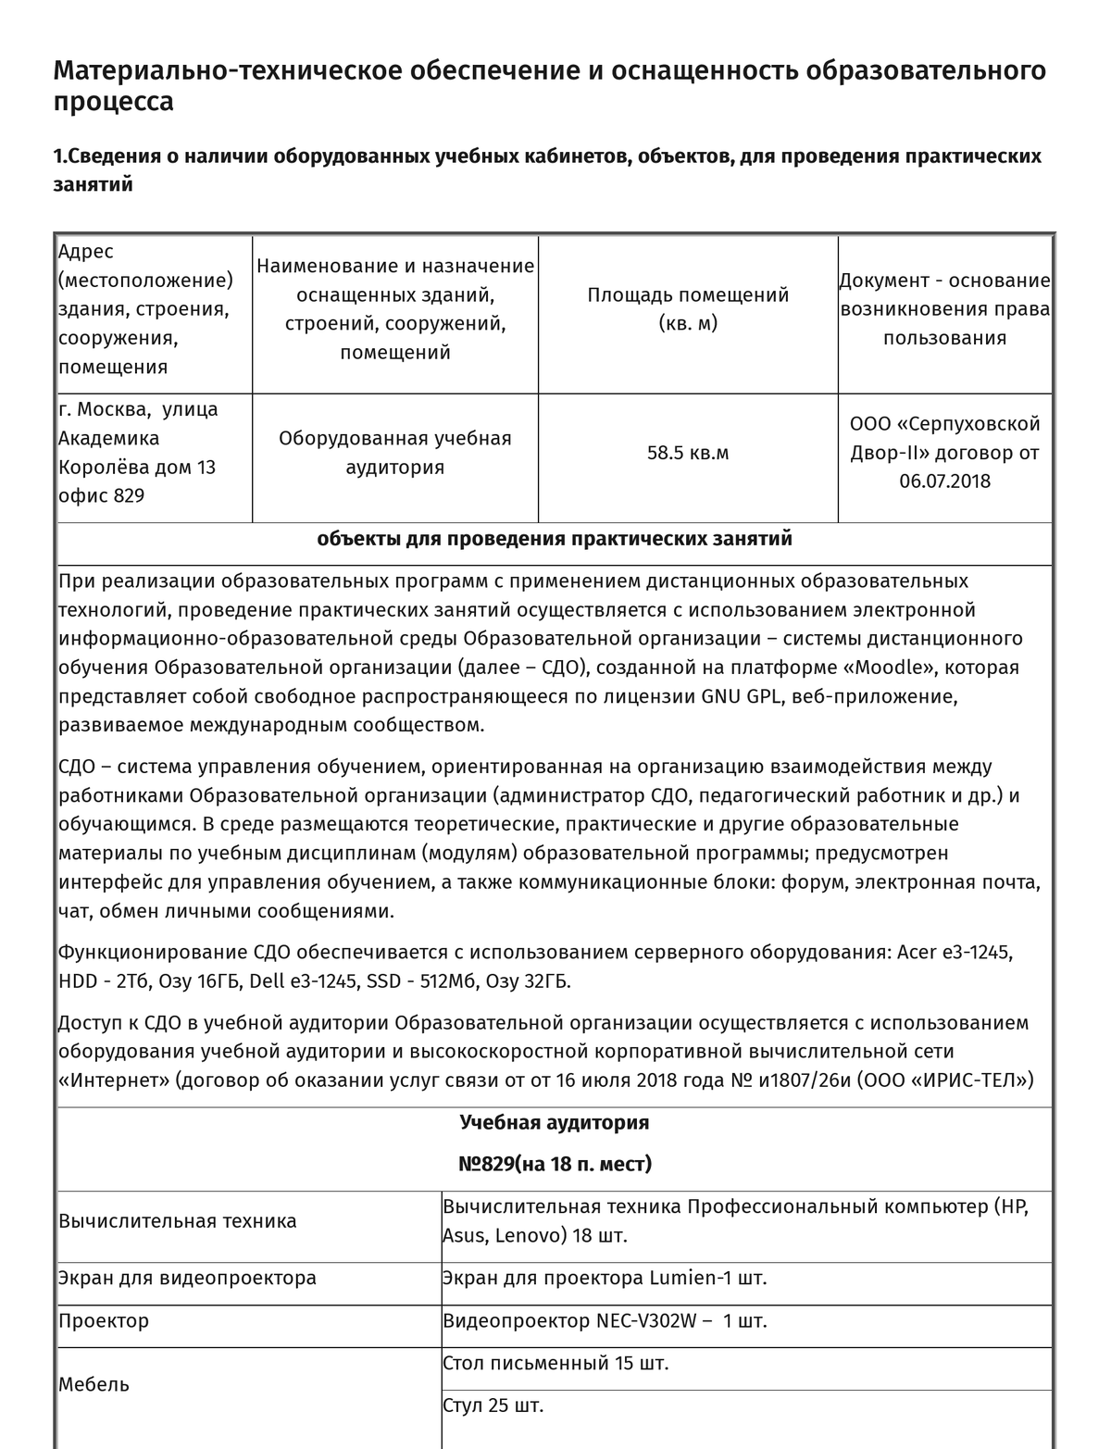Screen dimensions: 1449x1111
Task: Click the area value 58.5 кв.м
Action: tap(688, 454)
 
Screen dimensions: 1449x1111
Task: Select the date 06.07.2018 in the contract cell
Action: tap(944, 481)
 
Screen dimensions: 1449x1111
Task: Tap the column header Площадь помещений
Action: tap(688, 295)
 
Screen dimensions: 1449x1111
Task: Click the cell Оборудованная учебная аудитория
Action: tap(395, 453)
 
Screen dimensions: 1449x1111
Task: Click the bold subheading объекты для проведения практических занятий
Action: tap(555, 539)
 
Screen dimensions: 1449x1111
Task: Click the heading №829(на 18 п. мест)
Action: tap(555, 1164)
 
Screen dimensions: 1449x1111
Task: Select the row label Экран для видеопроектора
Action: tap(187, 1279)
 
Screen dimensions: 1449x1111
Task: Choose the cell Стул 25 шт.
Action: tap(493, 1406)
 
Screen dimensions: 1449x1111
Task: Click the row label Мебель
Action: tap(94, 1385)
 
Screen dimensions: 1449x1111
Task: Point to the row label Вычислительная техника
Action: tap(178, 1221)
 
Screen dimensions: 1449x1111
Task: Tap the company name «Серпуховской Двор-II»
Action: tap(944, 439)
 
